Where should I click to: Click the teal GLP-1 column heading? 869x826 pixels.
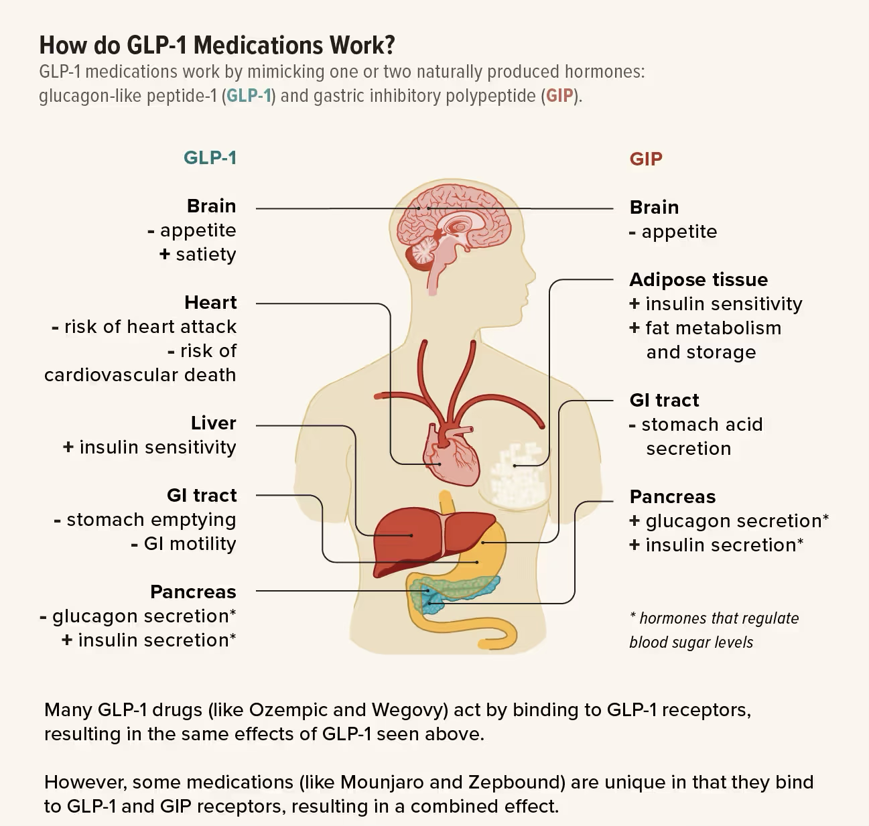point(210,157)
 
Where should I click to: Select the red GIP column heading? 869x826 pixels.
point(646,159)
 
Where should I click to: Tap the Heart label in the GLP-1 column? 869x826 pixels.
point(210,302)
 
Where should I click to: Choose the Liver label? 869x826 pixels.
point(213,423)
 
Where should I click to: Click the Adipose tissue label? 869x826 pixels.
point(698,279)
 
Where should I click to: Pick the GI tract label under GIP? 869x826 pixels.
point(664,400)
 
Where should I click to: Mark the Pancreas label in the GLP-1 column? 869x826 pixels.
point(193,592)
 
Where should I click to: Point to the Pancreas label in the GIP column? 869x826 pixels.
point(673,496)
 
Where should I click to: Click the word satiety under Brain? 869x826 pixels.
point(206,255)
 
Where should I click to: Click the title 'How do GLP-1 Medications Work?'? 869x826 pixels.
point(217,45)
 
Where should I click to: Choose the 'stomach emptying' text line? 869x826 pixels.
point(151,519)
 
